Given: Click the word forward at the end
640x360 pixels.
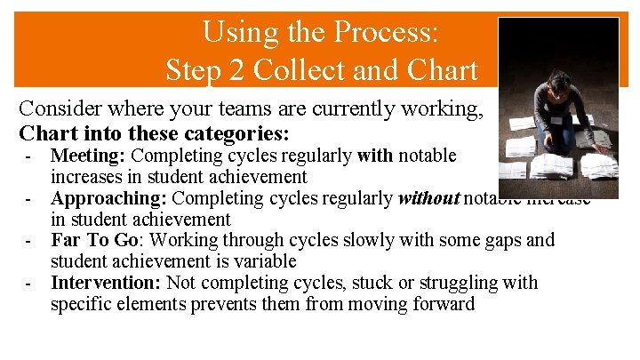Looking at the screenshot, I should click(441, 304).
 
